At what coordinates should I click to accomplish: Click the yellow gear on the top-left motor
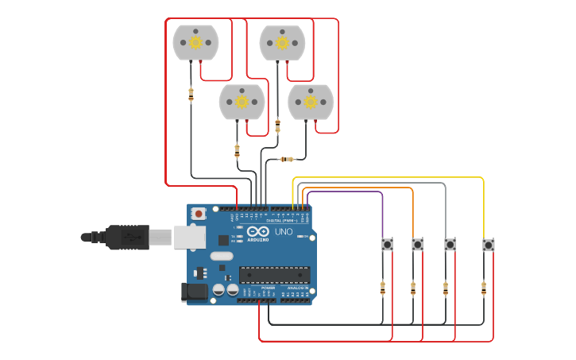click(195, 42)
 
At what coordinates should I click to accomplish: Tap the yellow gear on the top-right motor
click(282, 42)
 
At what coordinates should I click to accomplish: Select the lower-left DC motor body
click(242, 102)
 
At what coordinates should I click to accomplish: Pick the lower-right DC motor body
click(311, 102)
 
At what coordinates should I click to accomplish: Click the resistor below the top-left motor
click(191, 95)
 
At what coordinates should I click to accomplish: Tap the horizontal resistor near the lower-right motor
click(288, 159)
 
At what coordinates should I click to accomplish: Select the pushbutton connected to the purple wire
click(387, 244)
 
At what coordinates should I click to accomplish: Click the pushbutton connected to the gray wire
click(450, 244)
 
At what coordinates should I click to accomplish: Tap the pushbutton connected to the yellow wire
click(488, 245)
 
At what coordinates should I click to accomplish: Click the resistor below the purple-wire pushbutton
click(382, 288)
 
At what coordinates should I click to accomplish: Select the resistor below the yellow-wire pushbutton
click(483, 288)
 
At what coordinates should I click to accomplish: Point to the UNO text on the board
click(284, 231)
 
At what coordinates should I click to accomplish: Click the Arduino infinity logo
click(257, 231)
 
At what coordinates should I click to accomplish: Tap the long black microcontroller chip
click(274, 275)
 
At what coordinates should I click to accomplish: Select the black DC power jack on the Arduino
click(193, 292)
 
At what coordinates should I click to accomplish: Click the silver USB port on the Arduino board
click(189, 237)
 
